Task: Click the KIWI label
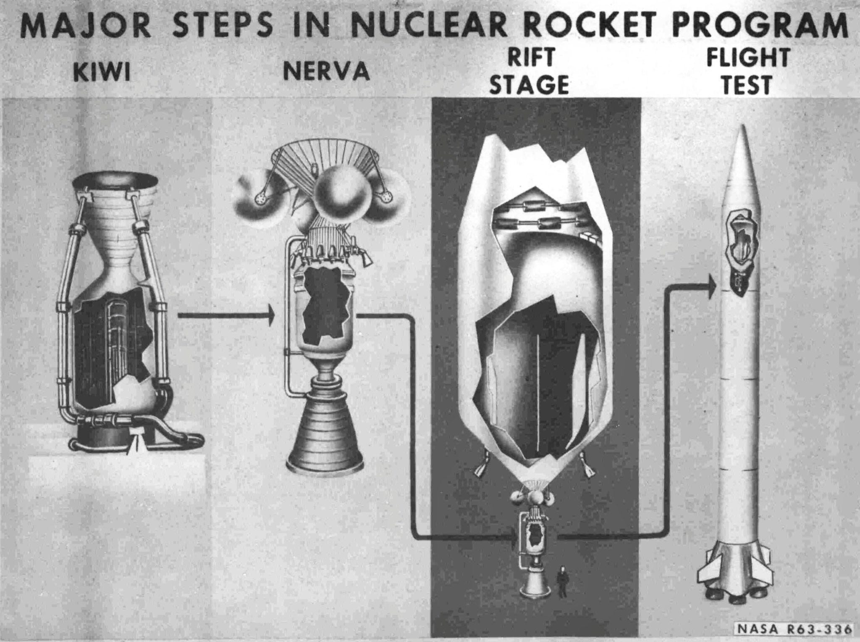click(101, 73)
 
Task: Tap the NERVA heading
click(326, 72)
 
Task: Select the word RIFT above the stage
click(531, 58)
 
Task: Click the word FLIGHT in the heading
click(748, 58)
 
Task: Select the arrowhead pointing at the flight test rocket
click(711, 287)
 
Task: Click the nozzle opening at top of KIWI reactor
click(115, 181)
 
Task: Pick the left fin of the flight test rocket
click(709, 572)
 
